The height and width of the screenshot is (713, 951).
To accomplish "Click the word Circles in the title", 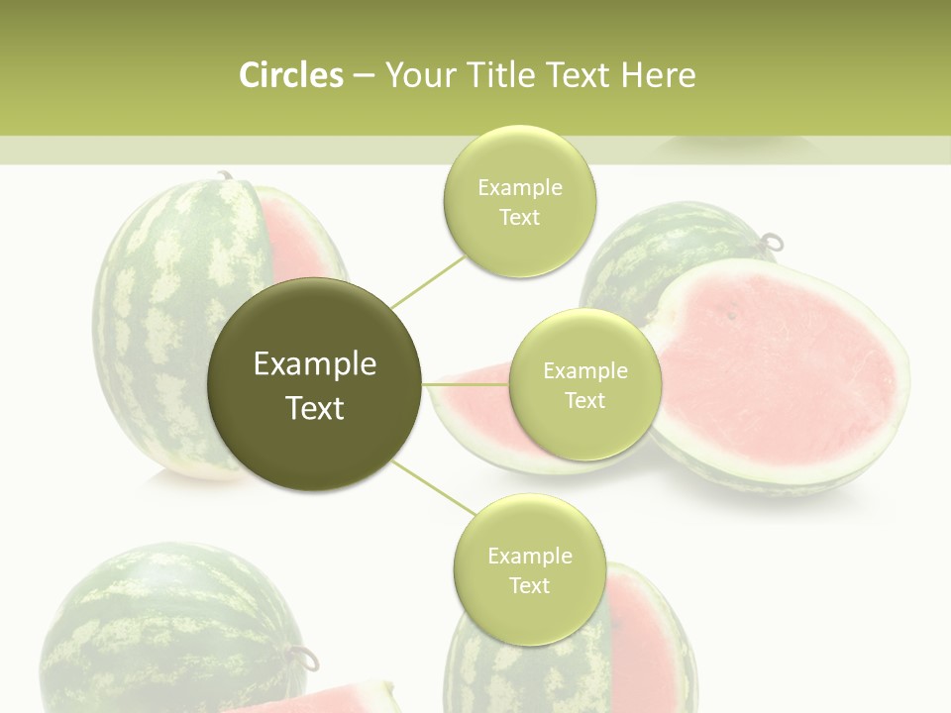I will (x=290, y=75).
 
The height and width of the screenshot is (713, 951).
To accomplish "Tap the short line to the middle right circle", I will (x=466, y=384).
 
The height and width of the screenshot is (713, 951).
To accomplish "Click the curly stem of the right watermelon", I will (x=771, y=242).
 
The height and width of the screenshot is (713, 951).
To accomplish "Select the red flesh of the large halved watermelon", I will (x=773, y=366).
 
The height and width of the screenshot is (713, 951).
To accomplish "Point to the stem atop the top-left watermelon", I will (x=224, y=176).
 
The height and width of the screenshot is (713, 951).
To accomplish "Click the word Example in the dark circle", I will (x=315, y=364).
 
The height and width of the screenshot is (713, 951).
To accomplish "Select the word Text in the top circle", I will (x=519, y=218).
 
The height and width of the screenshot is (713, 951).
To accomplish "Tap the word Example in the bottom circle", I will (x=529, y=557).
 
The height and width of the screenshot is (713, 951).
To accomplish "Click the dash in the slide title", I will (x=364, y=75).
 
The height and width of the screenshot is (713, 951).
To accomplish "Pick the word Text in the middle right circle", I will (x=584, y=400).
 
